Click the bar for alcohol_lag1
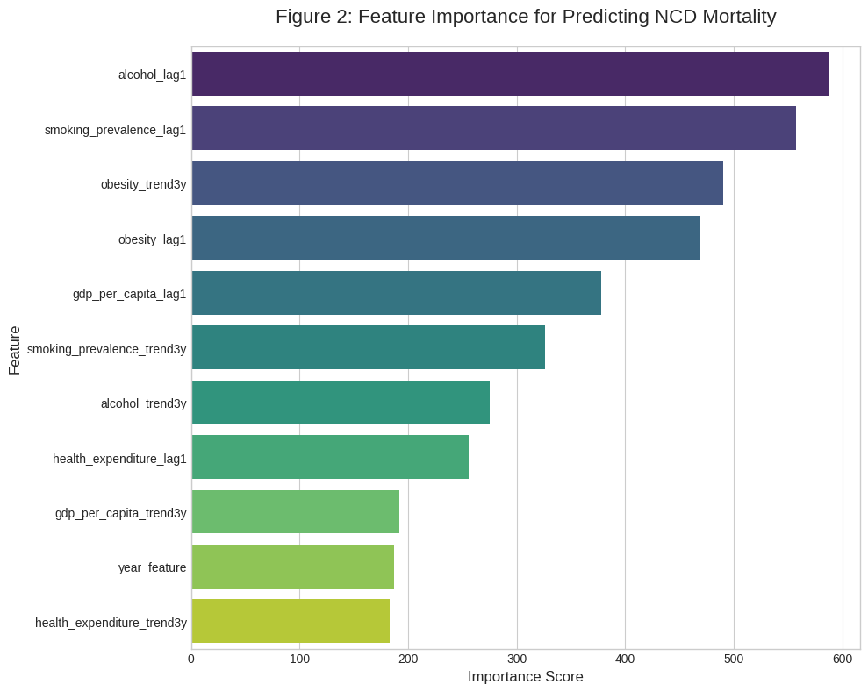pos(509,74)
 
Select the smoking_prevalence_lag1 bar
pos(493,128)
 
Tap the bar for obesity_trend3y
pos(456,183)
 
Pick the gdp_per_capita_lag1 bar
pos(396,293)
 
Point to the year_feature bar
pos(292,567)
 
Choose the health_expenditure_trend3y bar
pos(291,621)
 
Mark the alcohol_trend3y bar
pos(341,403)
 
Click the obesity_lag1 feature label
pos(152,239)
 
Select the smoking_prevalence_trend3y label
pos(106,349)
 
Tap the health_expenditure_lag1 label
pos(119,459)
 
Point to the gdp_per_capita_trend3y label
pos(120,513)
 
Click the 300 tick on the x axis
pos(517,658)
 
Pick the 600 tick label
pos(843,658)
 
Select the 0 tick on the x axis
pos(191,658)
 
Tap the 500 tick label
pos(734,658)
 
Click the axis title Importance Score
pos(525,677)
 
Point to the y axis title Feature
pos(15,349)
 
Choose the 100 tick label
pos(300,658)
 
